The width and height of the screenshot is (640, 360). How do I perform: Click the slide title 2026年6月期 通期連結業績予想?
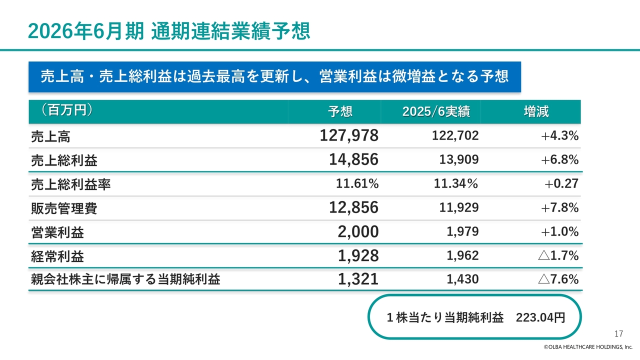click(169, 31)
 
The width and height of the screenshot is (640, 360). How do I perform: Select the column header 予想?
click(340, 111)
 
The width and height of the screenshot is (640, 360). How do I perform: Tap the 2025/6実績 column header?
click(436, 111)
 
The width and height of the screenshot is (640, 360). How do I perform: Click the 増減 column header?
click(536, 111)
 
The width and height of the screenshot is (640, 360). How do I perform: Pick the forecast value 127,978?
click(349, 135)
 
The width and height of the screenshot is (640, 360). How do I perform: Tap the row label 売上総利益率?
click(70, 184)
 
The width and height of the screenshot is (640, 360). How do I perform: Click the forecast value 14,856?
click(353, 159)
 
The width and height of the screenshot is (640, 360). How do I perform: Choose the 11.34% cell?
click(455, 183)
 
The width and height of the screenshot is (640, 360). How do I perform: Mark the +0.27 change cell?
click(561, 183)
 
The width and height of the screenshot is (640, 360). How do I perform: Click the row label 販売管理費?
click(64, 208)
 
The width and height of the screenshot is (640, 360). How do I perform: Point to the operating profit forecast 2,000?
click(358, 232)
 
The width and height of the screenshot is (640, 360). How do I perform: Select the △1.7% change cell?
click(558, 256)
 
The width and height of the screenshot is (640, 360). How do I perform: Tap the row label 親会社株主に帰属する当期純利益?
click(125, 280)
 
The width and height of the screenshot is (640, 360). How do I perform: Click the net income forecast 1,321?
click(358, 280)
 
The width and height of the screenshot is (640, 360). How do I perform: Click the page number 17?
click(618, 334)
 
